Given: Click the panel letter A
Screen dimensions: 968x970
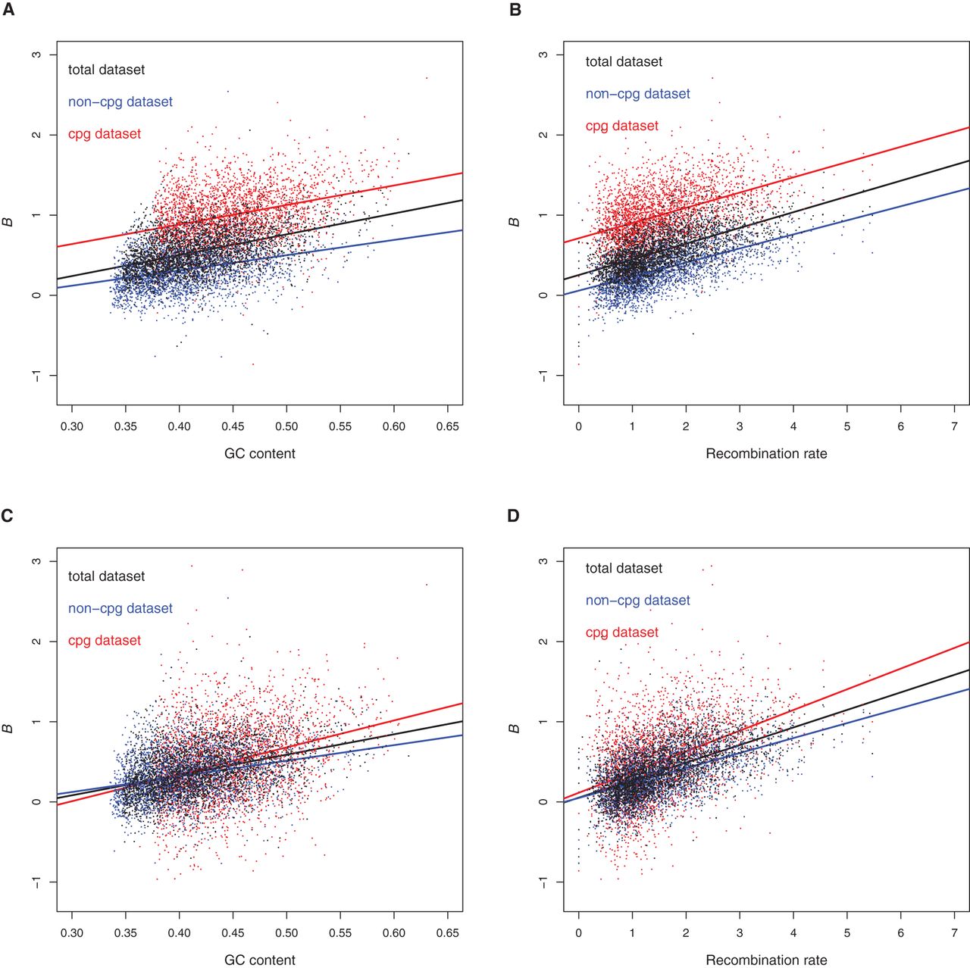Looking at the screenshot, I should click(8, 11).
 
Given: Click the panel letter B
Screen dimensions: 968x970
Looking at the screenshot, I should click(515, 11).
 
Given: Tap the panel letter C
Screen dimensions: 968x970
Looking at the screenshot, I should click(8, 517).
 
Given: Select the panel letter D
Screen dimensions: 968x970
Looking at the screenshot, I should click(514, 517).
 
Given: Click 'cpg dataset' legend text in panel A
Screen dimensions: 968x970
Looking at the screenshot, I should click(105, 134).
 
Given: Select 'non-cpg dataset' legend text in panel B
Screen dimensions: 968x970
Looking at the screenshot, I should click(637, 94).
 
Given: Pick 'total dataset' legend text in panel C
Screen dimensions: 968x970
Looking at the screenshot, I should click(106, 576).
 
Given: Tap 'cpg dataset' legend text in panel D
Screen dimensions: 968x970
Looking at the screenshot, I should click(621, 632).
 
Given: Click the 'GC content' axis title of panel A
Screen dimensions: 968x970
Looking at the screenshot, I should click(259, 454).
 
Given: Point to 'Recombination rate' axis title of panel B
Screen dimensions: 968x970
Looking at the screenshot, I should click(766, 454).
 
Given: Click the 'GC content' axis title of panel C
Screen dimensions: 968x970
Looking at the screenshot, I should click(259, 960).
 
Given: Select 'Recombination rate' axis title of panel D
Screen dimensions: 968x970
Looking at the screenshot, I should click(766, 960).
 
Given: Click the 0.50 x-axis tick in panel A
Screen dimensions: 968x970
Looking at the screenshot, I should click(286, 426).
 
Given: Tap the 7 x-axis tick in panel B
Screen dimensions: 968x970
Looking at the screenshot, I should click(954, 426).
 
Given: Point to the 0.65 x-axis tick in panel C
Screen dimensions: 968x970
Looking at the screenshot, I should click(447, 932).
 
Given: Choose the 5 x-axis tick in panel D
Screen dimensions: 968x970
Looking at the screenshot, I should click(847, 932).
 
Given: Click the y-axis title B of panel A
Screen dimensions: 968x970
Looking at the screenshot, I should click(8, 222).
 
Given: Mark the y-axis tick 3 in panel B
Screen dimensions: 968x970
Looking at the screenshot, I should click(543, 55).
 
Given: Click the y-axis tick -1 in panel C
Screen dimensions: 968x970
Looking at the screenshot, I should click(36, 882).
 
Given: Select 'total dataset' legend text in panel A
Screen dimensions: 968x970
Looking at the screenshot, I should click(106, 70).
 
